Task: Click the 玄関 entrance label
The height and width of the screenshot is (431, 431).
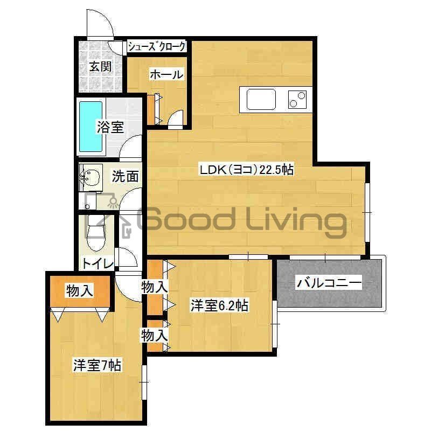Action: (101, 67)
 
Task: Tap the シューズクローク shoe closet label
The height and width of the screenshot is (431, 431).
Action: (157, 47)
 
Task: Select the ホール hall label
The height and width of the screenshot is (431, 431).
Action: (166, 74)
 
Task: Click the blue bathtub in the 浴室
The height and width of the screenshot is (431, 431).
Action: (91, 127)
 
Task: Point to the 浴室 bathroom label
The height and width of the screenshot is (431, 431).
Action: (110, 127)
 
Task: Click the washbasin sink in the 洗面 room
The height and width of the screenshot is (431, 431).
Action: (91, 178)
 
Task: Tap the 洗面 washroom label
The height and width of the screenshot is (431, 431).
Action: (125, 176)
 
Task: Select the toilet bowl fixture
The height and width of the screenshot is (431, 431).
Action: (96, 233)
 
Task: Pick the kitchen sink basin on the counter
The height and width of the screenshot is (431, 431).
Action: (261, 99)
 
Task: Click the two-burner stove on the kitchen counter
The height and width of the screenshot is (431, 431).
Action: (297, 100)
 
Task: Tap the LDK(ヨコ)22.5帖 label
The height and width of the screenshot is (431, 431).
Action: (247, 170)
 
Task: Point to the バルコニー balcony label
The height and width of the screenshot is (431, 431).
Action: (329, 283)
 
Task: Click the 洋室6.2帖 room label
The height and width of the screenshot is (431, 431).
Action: (220, 306)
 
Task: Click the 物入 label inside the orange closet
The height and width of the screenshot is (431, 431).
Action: (80, 291)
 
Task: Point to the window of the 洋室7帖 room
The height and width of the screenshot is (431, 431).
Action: (144, 382)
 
